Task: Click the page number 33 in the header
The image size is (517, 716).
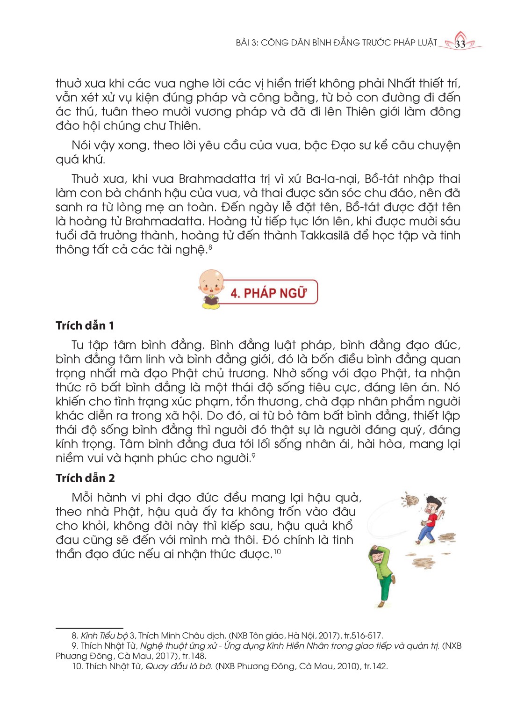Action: [x=460, y=44]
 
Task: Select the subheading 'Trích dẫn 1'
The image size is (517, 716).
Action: [x=85, y=325]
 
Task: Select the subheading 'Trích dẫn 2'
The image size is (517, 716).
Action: [x=85, y=478]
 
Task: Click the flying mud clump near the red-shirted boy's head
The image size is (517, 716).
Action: [x=412, y=500]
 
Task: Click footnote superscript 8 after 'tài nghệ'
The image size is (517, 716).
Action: [x=210, y=247]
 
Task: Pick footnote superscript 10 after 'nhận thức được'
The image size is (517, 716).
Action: [x=277, y=552]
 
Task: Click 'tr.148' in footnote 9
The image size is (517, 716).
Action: [x=194, y=656]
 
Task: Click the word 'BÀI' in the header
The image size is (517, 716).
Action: [x=243, y=43]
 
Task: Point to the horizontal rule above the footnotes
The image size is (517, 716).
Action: [x=89, y=629]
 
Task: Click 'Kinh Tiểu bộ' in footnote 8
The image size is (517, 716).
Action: [x=104, y=636]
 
